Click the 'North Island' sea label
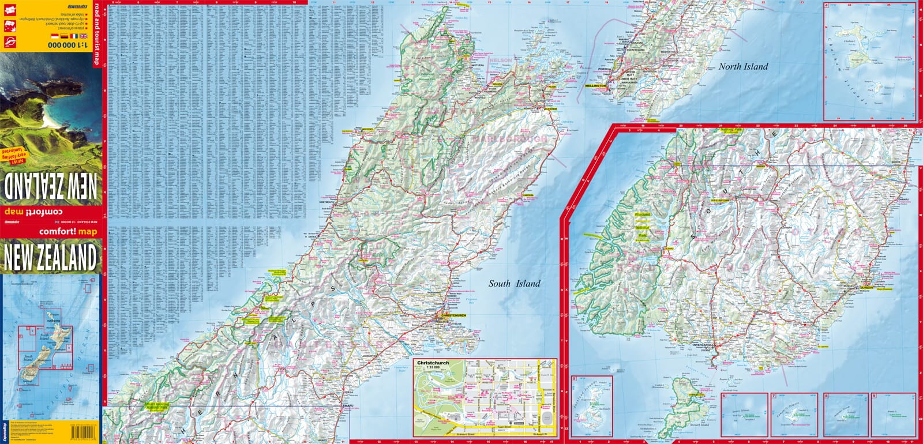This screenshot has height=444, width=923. click(743, 66)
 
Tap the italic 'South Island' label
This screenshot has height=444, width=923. click(514, 283)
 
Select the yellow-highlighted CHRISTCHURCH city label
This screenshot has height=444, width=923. click(453, 315)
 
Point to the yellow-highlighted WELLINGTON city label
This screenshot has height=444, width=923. click(595, 85)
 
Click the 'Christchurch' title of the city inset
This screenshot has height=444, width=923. click(432, 363)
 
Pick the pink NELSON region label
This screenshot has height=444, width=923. click(500, 60)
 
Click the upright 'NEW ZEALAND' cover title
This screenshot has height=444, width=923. click(50, 258)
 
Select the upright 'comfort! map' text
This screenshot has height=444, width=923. click(68, 232)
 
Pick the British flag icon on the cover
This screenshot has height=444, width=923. click(84, 36)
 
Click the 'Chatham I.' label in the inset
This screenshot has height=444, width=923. click(849, 42)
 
